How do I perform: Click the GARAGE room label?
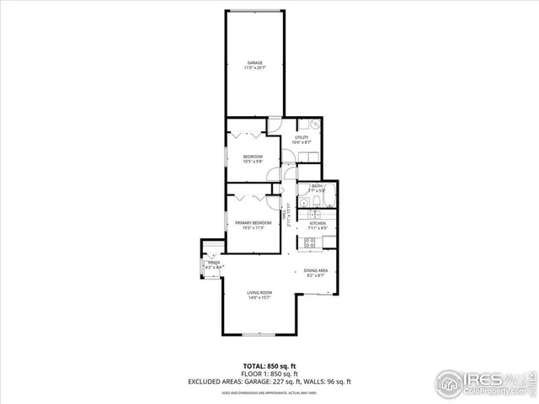coord(254,62)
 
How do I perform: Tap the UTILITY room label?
coord(301,137)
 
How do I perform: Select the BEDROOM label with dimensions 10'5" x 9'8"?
coord(253,157)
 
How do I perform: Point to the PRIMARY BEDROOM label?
coord(253,222)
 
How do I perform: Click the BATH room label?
coord(317,186)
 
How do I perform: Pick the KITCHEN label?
coord(317,223)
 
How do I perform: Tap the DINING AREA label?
coord(317,270)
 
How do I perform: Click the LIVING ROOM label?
coord(259,292)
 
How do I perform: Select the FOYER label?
coord(213,263)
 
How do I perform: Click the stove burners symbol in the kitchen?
coord(309,242)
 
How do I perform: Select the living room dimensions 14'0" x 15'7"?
coord(259,298)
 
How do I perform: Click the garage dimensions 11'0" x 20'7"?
coord(254,68)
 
